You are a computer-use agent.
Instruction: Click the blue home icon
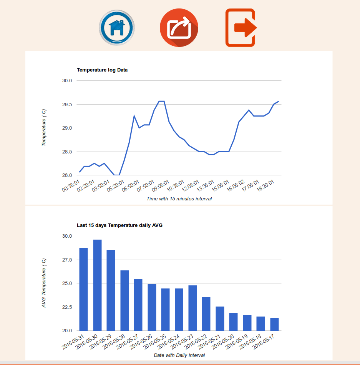point(117,28)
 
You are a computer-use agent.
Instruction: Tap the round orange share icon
point(179,27)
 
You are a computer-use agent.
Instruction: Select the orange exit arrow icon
point(241,28)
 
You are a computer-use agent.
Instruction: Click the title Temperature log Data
point(102,70)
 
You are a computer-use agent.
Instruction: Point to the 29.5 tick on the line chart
point(67,104)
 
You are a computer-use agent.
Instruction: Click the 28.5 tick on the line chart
point(67,152)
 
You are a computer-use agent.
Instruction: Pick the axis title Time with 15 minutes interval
point(179,199)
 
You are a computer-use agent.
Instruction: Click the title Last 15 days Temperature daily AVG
point(119,225)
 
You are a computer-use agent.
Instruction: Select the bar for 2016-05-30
point(97,285)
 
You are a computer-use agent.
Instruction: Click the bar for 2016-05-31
point(83,289)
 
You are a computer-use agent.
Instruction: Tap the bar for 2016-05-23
point(192,308)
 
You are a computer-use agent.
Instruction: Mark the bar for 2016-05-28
point(124,300)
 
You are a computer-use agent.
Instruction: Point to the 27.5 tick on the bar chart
point(67,260)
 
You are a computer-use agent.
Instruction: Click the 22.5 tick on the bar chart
point(67,307)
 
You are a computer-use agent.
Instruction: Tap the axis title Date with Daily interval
point(179,355)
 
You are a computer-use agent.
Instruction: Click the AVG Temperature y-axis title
point(44,283)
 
